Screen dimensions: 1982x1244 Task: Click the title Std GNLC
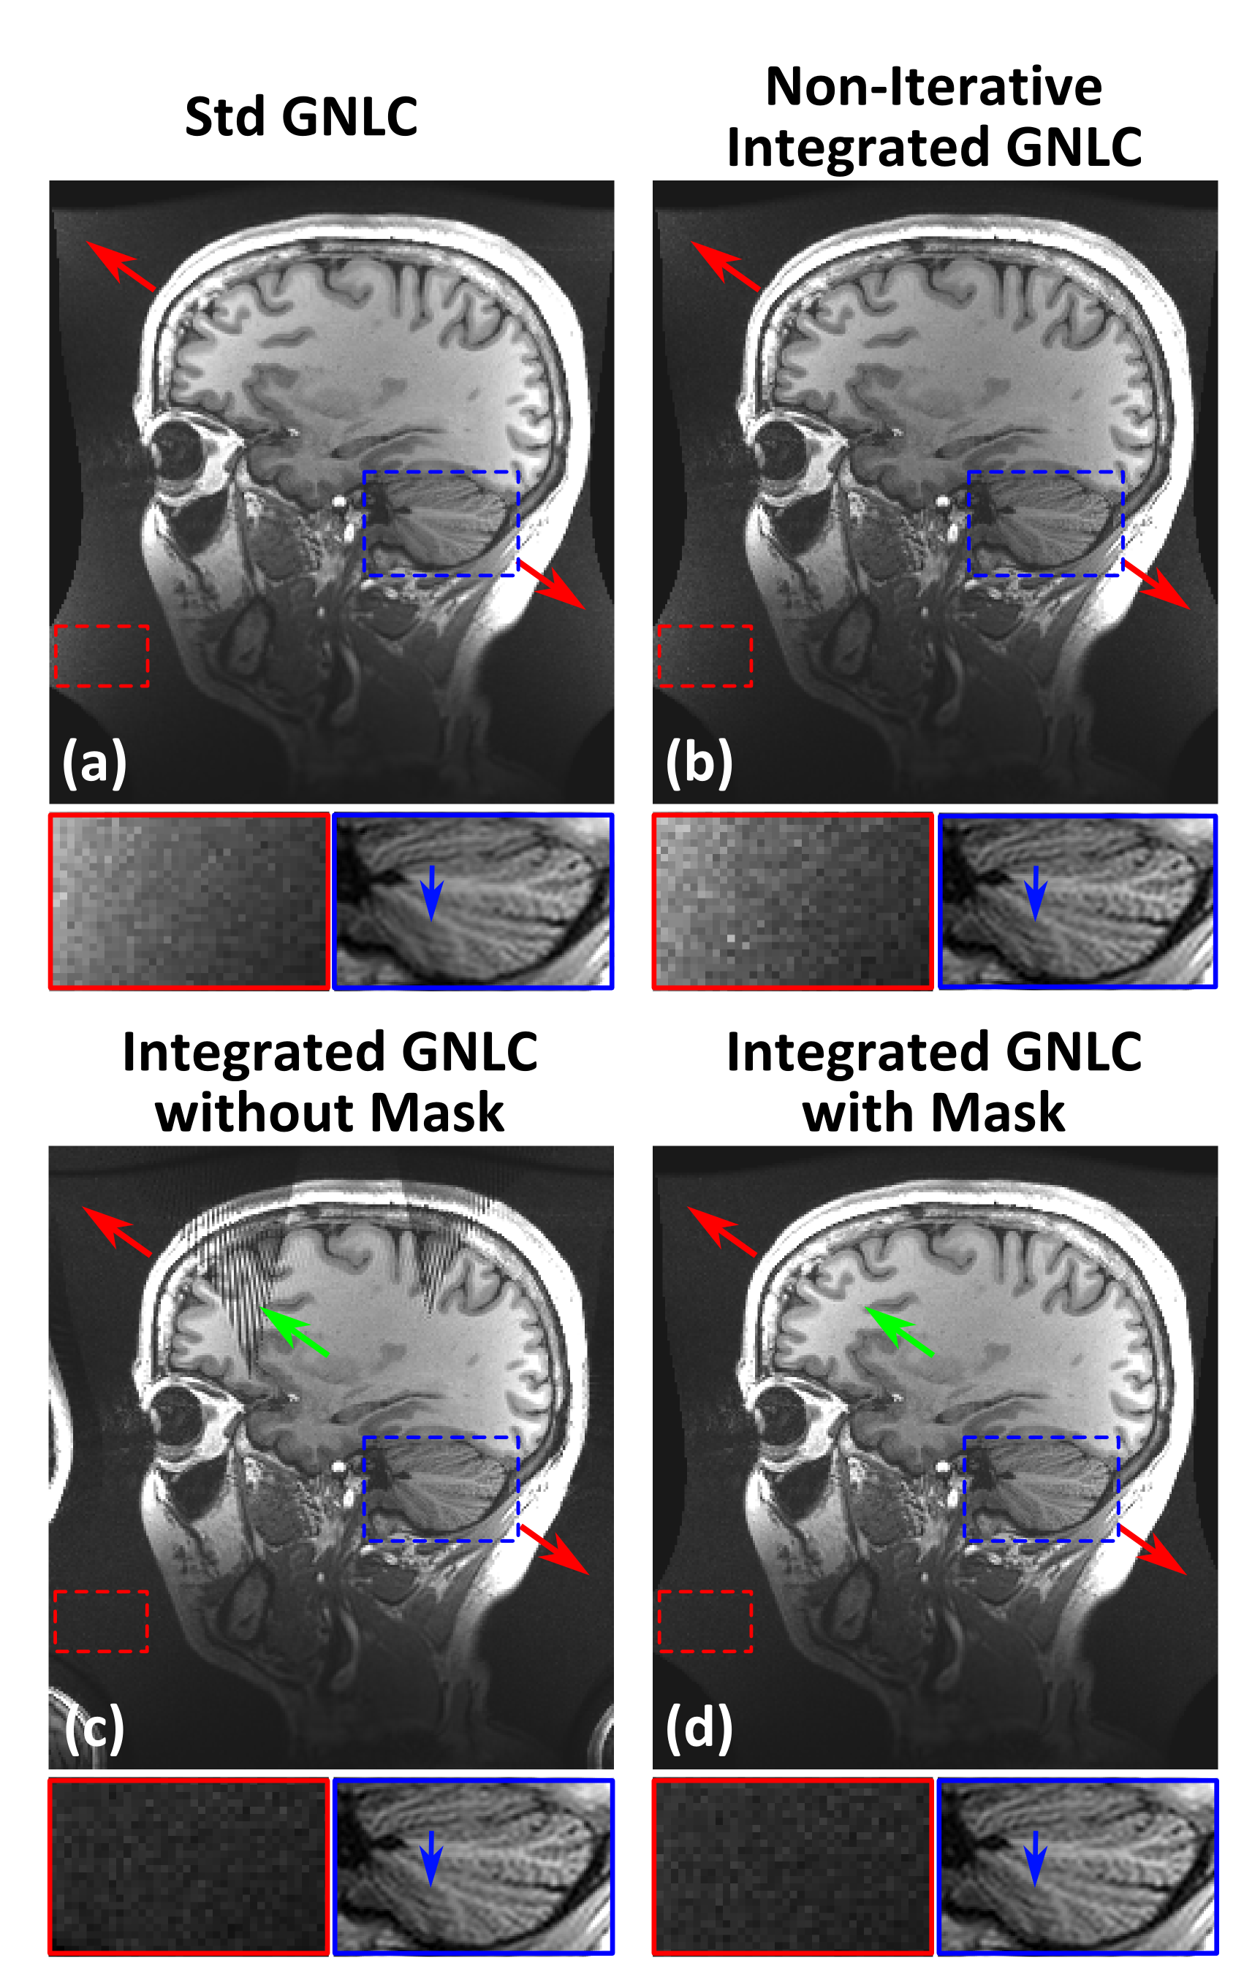(301, 116)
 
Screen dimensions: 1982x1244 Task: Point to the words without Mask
(329, 1113)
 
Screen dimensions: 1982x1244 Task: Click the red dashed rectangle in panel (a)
(101, 655)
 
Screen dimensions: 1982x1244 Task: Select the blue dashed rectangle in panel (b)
(1045, 523)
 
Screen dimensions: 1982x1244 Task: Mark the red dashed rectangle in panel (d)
(705, 1621)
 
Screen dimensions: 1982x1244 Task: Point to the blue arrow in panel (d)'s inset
(1035, 1858)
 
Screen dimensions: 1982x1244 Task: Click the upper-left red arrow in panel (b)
(725, 266)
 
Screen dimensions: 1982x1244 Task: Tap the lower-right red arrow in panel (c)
(555, 1550)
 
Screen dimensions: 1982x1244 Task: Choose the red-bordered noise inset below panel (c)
(189, 1866)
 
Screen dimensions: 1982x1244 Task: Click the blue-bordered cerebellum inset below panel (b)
(1077, 901)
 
